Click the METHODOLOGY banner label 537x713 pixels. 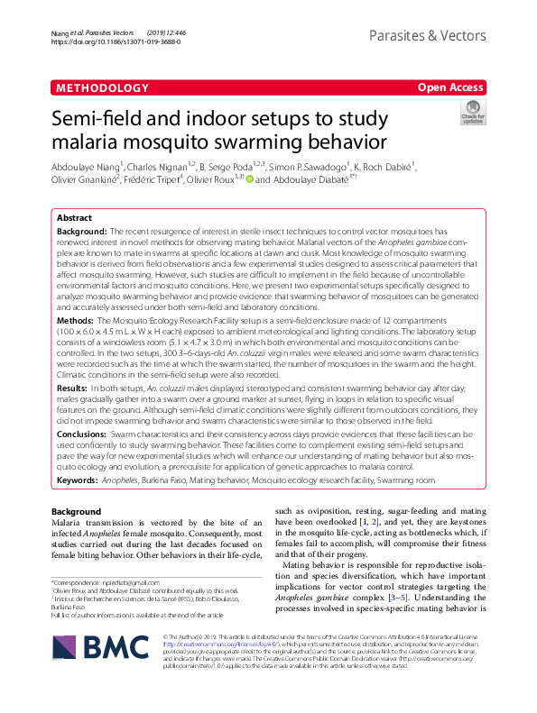101,87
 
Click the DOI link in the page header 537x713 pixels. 104,41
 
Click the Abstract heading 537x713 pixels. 74,218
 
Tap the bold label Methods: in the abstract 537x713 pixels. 76,319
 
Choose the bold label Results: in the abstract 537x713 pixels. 74,388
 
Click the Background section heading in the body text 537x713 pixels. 77,511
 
